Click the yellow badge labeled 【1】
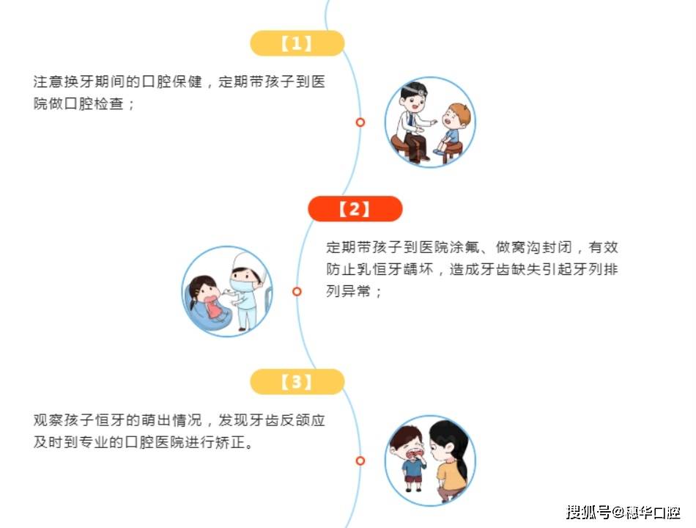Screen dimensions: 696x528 click(x=297, y=43)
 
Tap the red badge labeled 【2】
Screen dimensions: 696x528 click(x=355, y=208)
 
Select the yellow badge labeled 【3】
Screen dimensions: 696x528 click(x=297, y=381)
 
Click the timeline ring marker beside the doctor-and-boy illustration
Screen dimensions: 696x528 click(x=360, y=122)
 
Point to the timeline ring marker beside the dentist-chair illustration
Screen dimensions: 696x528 click(x=297, y=291)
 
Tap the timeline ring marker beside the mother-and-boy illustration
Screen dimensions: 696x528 click(x=360, y=461)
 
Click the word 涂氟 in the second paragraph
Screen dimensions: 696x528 click(x=464, y=247)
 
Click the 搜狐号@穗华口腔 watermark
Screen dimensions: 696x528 click(x=623, y=512)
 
